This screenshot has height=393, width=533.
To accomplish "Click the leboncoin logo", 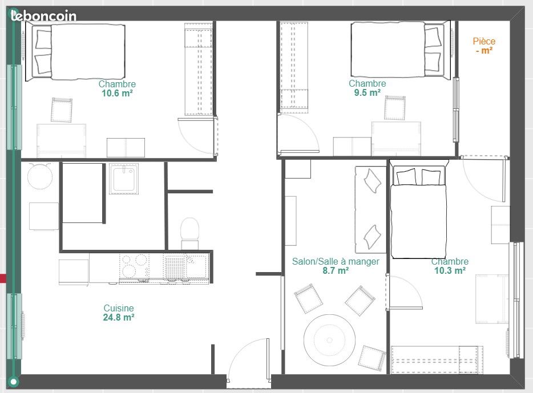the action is pos(43,15).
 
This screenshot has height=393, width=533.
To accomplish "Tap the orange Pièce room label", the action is pos(484,42).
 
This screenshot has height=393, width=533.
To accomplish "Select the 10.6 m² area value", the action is pos(117,94).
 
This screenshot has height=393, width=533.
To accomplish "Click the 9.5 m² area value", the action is pos(367,93).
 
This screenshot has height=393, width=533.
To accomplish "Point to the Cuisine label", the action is pos(119,308).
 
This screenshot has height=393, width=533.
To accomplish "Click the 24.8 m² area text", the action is pos(119,317).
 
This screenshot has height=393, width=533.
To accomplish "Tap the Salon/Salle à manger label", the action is pos(336,262).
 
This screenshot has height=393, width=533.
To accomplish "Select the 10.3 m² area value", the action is pos(450,271).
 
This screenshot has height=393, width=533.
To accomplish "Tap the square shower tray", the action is pos(124,179).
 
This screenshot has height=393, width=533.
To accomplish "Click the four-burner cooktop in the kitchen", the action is pos(134,266).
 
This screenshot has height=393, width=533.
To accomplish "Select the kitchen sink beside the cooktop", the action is pos(185,266).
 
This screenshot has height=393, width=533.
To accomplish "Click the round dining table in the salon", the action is pos(329,340).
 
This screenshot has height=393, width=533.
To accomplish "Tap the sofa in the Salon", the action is pos(371,209).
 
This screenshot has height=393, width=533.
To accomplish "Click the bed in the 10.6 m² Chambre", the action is pos(75,52).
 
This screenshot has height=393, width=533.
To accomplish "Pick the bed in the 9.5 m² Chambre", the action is pos(401,50).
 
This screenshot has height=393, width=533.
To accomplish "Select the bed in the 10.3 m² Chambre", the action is pos(418,209).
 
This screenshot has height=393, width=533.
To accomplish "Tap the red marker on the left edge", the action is pos(3,278).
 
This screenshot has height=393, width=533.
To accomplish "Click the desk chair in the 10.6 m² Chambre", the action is pos(62,110).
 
